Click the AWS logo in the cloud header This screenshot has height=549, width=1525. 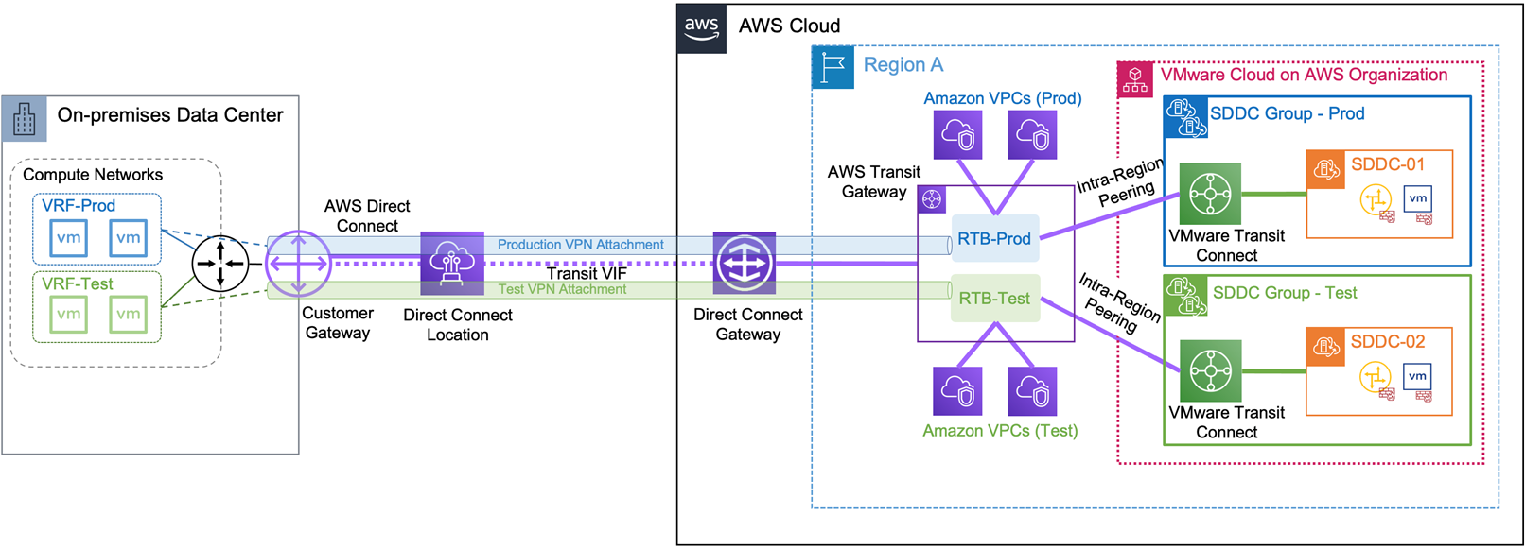click(702, 27)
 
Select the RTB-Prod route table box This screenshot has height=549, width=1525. click(993, 239)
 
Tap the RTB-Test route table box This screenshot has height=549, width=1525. click(994, 299)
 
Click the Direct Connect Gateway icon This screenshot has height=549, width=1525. click(745, 264)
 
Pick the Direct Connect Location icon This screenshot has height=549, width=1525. click(452, 264)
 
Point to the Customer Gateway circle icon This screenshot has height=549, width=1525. click(299, 263)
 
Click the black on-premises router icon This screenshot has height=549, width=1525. click(220, 264)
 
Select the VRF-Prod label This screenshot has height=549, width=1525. click(79, 206)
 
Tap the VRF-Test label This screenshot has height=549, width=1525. click(78, 283)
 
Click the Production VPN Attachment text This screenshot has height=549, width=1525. click(581, 245)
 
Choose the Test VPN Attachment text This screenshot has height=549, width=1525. click(562, 289)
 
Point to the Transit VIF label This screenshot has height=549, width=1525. click(587, 274)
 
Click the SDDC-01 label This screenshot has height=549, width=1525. click(1388, 164)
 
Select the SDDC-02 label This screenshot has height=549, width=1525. click(1388, 342)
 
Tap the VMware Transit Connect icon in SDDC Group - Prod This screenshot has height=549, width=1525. click(1210, 195)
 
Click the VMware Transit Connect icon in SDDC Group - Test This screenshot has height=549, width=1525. click(1210, 370)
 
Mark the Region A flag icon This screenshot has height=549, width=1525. click(833, 67)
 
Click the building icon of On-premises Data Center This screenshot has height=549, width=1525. click(25, 119)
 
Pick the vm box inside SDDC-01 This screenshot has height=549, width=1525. click(1417, 198)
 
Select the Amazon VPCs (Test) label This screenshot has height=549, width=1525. click(1000, 431)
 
